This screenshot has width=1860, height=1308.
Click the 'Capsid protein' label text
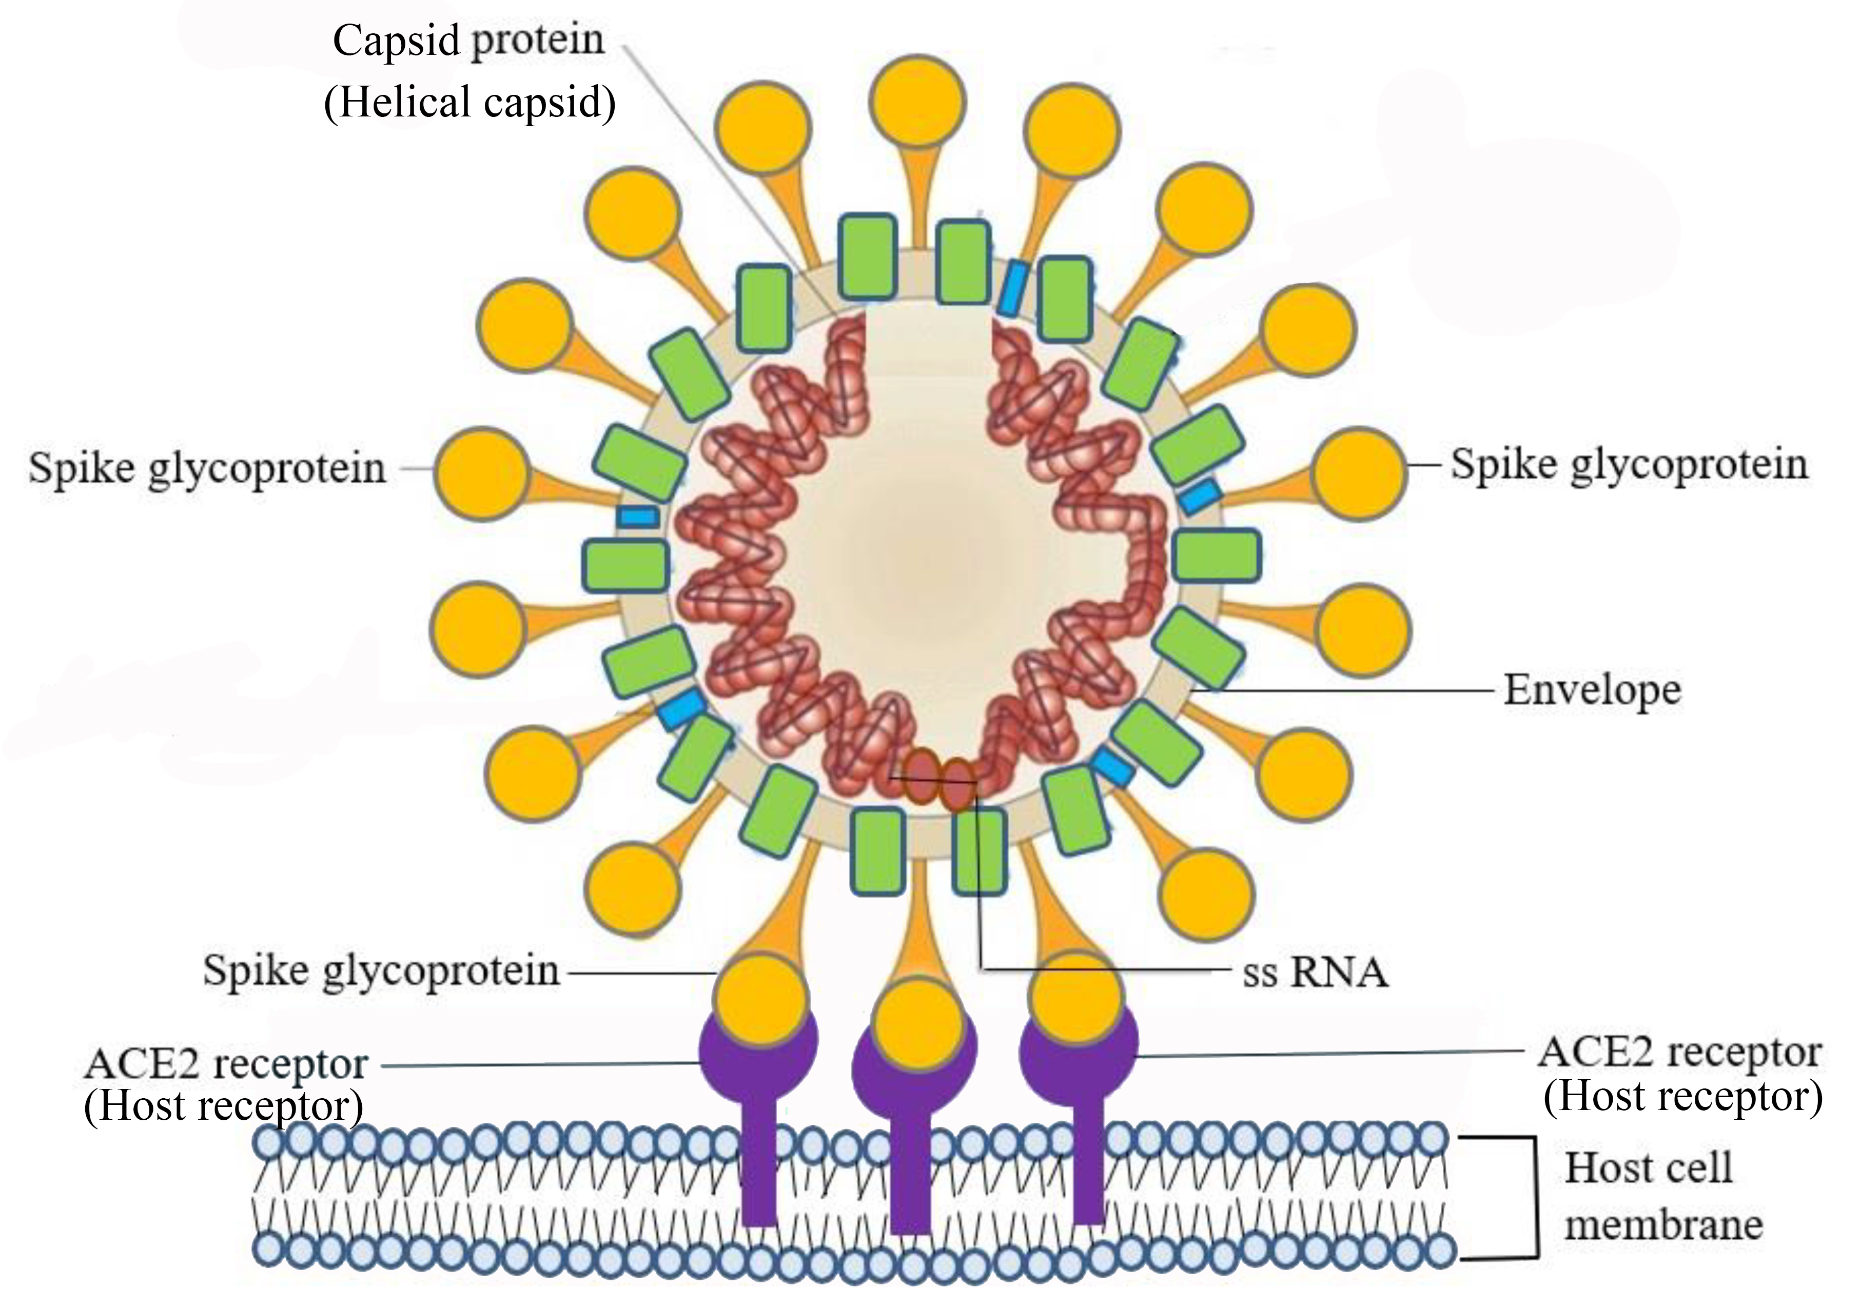pos(468,41)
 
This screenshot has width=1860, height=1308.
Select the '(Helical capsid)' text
pos(470,104)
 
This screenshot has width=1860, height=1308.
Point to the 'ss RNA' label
pos(1315,972)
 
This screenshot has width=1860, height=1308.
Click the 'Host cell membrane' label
pos(1661,1196)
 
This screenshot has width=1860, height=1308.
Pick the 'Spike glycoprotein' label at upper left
pos(207,468)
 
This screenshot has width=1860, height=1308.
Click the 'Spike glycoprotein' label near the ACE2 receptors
pos(381,970)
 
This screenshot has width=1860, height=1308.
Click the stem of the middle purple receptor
pos(911,1174)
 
